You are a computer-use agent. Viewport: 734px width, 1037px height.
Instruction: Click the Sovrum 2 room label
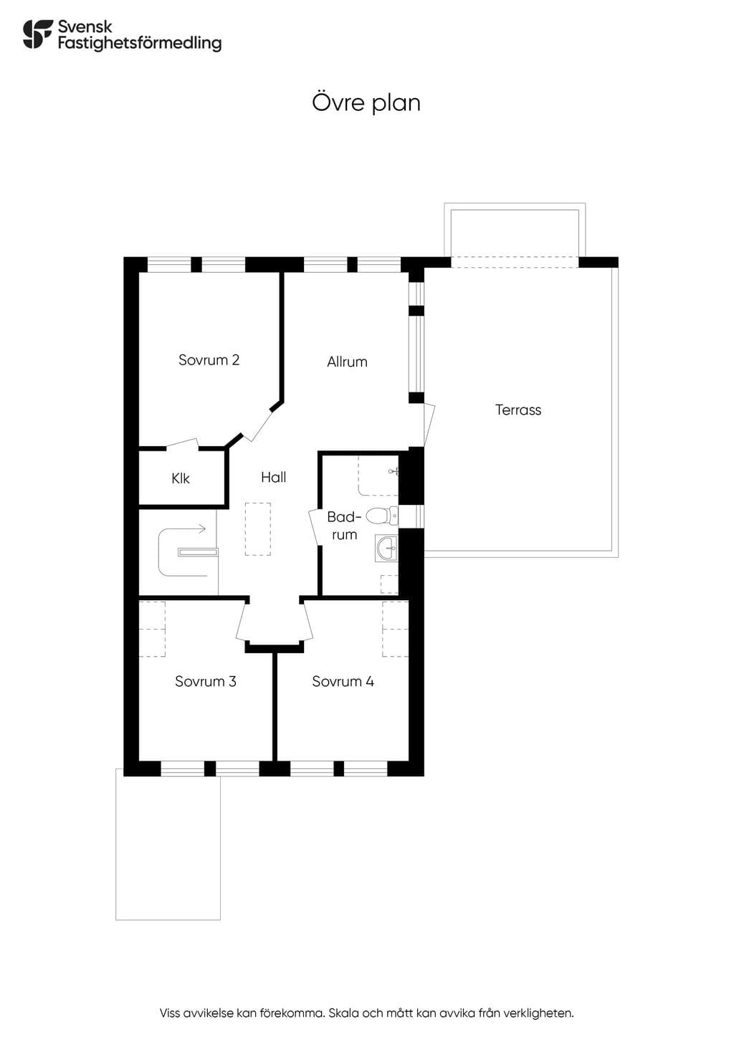[209, 360]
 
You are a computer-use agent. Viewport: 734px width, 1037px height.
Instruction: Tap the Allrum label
[347, 362]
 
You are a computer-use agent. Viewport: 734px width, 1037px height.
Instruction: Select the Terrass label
[518, 410]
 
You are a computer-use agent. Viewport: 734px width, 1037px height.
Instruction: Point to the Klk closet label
[180, 478]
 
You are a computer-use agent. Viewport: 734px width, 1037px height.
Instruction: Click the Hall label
[273, 477]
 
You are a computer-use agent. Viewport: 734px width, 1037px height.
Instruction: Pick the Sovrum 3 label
[206, 681]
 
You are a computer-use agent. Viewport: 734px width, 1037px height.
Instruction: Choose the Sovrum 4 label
[343, 681]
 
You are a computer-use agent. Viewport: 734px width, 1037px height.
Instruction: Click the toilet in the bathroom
[382, 516]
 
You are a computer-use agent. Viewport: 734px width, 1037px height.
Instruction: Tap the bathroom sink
[386, 549]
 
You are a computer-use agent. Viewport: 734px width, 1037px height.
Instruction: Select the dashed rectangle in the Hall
[258, 529]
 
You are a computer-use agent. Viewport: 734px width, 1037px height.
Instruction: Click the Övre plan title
[366, 102]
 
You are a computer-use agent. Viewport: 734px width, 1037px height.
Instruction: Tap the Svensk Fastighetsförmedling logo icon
[38, 34]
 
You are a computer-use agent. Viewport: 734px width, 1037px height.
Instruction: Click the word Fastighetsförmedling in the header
[140, 43]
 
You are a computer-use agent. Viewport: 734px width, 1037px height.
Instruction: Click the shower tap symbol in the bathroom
[394, 472]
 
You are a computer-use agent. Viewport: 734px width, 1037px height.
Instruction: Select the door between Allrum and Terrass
[429, 425]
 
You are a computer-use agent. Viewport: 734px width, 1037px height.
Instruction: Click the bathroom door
[315, 527]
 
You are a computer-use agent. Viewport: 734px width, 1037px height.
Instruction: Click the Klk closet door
[183, 443]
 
